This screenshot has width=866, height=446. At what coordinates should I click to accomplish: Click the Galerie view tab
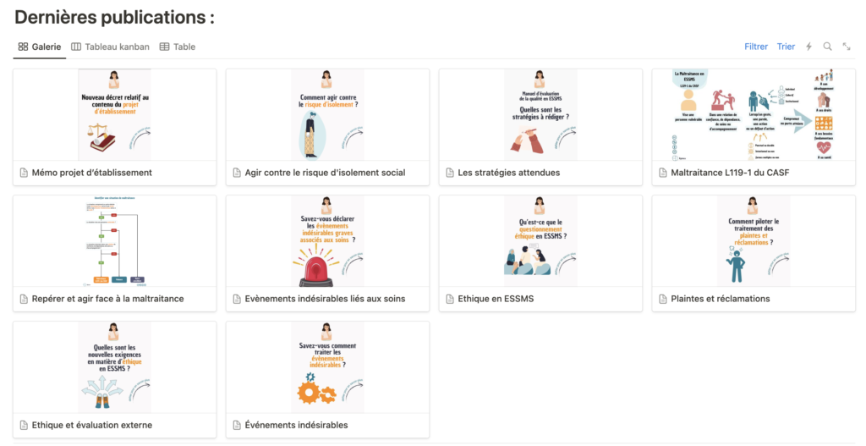[x=40, y=47]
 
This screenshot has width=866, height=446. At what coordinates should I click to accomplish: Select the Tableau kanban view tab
[x=112, y=47]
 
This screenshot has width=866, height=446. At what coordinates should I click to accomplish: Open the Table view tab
[x=178, y=47]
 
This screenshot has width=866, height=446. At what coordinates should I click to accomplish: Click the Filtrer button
[x=756, y=47]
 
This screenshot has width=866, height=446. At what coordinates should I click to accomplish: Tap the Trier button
[x=786, y=47]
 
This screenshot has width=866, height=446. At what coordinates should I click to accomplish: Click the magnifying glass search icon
[x=828, y=47]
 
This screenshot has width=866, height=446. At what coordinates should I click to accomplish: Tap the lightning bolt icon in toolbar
[x=808, y=47]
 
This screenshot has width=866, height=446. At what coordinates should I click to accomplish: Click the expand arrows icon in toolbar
[x=847, y=47]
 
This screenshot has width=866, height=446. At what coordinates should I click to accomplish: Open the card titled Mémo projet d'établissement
[x=91, y=173]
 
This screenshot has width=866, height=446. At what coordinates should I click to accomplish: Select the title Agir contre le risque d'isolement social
[x=325, y=173]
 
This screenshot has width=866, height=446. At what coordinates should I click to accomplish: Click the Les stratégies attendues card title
[x=508, y=173]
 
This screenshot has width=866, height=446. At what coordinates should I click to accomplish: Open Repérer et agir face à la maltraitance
[x=107, y=299]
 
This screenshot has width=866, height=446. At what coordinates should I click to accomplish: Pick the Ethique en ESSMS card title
[x=496, y=299]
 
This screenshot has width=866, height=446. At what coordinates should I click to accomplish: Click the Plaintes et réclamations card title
[x=720, y=299]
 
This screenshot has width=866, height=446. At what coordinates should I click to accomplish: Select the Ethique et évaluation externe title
[x=91, y=425]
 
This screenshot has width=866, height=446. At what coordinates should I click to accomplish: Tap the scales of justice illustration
[x=102, y=135]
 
